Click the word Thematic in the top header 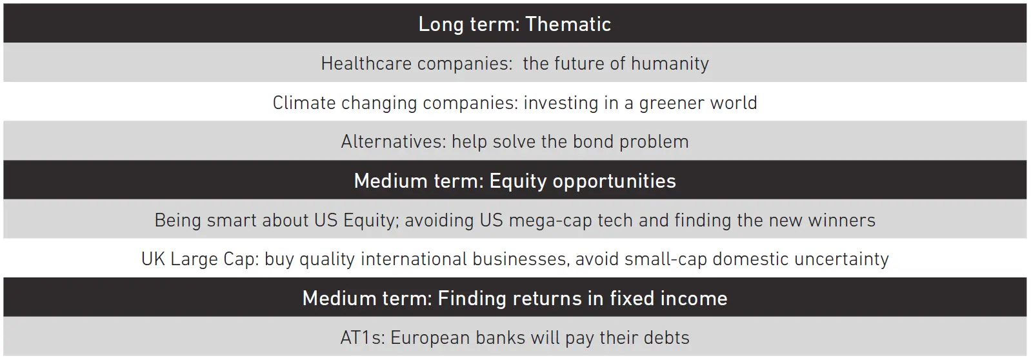[568, 24]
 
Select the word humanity [670, 64]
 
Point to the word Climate [305, 103]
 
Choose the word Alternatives [394, 142]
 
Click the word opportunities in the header [614, 181]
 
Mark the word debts [666, 338]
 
